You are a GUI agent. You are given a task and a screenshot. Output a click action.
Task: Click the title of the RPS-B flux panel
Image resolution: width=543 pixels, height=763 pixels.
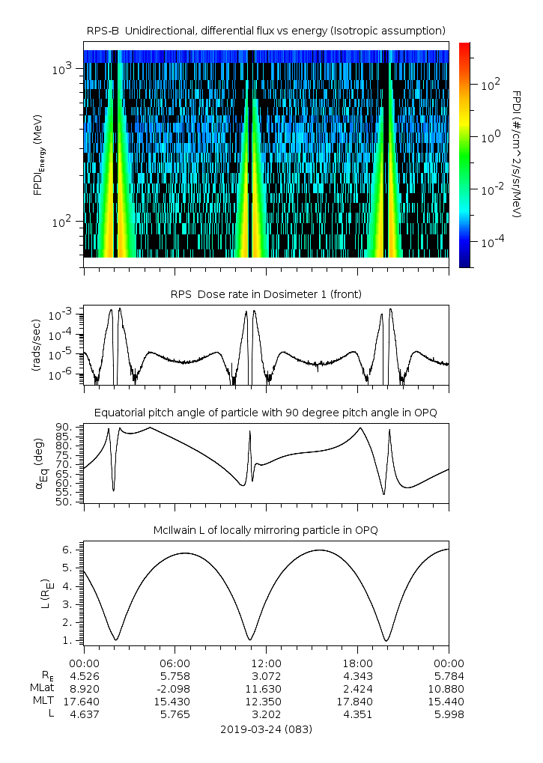click(x=266, y=30)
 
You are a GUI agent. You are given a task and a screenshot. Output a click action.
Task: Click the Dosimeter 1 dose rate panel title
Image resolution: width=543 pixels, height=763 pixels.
click(x=266, y=294)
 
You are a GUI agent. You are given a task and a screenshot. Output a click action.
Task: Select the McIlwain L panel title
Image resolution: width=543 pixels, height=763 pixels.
click(x=266, y=530)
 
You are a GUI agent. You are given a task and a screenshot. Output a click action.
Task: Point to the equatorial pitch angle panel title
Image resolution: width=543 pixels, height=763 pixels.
click(x=266, y=413)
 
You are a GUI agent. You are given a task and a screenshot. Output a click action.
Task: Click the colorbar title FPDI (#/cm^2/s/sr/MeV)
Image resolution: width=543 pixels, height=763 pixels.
click(x=517, y=153)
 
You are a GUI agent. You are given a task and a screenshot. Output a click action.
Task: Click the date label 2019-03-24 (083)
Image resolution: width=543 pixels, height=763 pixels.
click(x=266, y=729)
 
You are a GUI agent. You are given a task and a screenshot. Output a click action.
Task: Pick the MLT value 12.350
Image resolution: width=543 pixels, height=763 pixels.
click(x=266, y=701)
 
